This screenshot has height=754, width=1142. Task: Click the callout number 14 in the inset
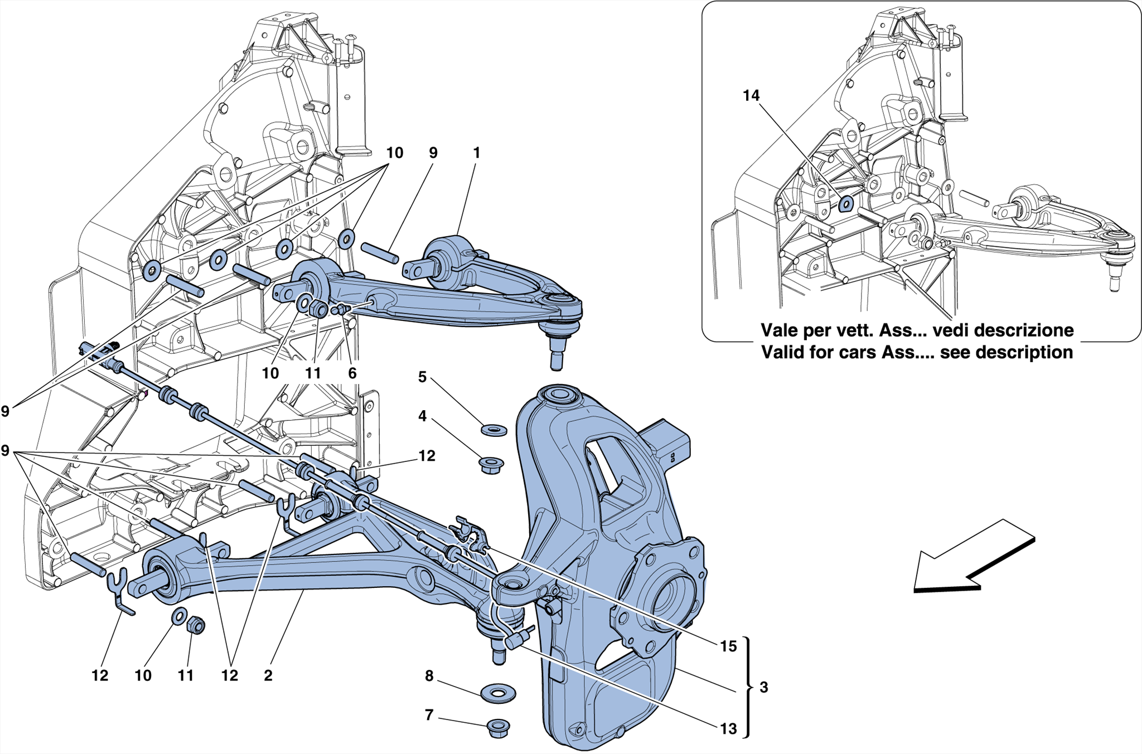(751, 96)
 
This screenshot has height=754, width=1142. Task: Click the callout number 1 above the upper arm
(476, 153)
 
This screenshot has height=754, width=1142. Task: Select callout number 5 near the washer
(422, 377)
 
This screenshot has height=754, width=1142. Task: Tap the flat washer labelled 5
(494, 430)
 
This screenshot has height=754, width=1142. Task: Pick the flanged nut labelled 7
(498, 728)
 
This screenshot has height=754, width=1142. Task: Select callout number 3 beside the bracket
(763, 688)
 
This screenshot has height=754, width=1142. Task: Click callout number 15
(728, 646)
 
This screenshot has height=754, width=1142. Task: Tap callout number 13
(728, 728)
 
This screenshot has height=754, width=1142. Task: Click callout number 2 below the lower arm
(268, 675)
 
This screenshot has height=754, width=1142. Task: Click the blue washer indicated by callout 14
(845, 205)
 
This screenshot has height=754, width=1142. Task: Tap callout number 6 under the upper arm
(352, 373)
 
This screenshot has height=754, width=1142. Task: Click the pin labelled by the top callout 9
(380, 252)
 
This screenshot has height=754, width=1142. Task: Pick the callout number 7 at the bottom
(428, 714)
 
